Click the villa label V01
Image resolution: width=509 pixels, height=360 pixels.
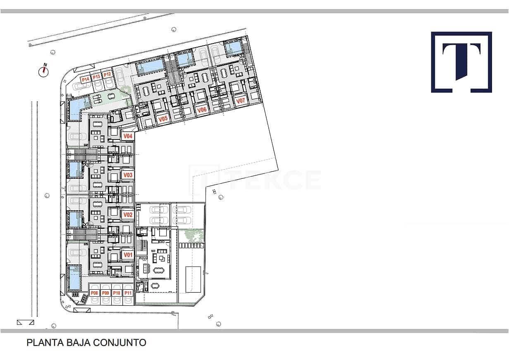(x=128, y=255)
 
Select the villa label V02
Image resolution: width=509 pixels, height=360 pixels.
(x=128, y=215)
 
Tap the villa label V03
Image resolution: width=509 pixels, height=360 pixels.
(x=128, y=175)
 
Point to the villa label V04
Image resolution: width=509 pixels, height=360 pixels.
(x=128, y=136)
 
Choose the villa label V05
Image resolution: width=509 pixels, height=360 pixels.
(x=163, y=119)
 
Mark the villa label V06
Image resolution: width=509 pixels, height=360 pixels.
(x=202, y=110)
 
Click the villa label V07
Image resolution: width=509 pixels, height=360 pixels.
(x=240, y=101)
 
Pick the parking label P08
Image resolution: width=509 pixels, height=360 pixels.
(x=95, y=293)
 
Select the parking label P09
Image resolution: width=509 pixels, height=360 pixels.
(x=105, y=293)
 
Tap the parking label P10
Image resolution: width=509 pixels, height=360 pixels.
(x=117, y=293)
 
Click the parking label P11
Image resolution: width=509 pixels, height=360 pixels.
(x=128, y=293)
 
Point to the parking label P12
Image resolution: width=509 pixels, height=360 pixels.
(x=108, y=74)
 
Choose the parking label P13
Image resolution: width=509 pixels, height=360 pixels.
(x=96, y=77)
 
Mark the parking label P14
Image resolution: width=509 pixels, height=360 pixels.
(x=85, y=79)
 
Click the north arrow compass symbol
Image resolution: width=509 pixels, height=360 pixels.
(x=44, y=71)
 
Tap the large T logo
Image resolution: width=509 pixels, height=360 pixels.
(x=461, y=62)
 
